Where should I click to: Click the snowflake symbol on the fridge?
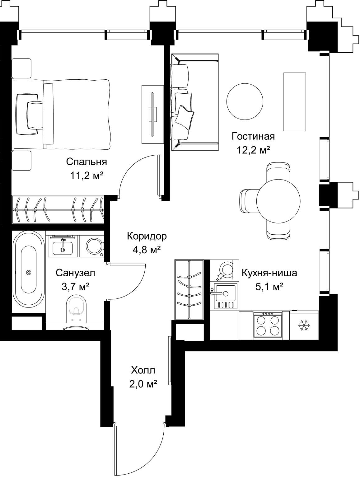tap(304, 325)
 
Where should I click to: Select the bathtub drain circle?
tap(29, 272)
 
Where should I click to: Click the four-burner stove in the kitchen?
tap(268, 325)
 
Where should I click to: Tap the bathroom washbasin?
tap(63, 247)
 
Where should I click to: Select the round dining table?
tap(278, 200)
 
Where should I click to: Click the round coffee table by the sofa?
tap(245, 101)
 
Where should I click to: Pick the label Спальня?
tap(86, 162)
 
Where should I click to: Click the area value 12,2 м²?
tap(253, 150)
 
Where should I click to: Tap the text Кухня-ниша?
tap(269, 273)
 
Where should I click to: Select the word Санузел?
tap(75, 273)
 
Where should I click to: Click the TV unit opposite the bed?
tap(152, 114)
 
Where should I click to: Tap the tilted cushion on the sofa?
tap(184, 118)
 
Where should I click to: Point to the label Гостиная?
tap(253, 136)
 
